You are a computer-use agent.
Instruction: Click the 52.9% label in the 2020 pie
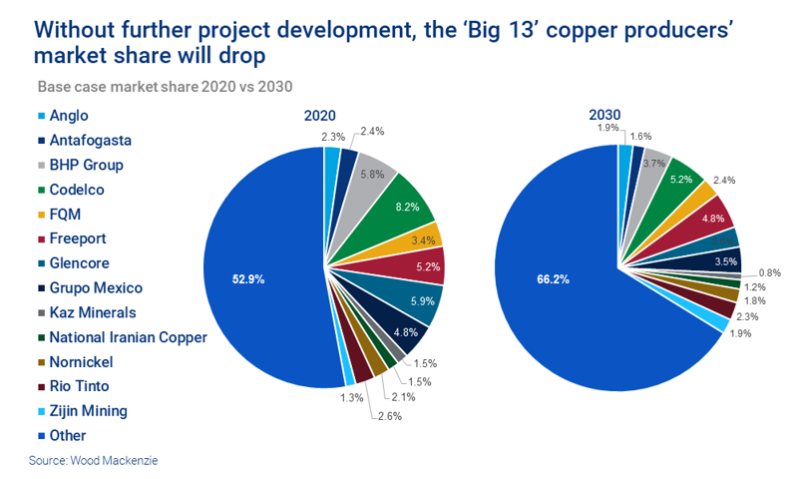pos(247,279)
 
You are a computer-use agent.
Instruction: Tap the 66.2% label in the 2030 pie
pos(553,279)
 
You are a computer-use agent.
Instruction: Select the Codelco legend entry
pos(77,189)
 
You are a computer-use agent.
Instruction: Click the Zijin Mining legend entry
pos(88,410)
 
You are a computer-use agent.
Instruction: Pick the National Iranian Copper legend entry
pos(128,336)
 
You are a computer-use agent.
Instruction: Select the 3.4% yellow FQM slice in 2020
pos(423,239)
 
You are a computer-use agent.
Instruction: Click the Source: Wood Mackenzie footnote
pos(93,460)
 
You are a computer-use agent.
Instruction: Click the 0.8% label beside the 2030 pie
pos(769,271)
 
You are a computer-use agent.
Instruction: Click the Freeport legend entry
pos(77,239)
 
